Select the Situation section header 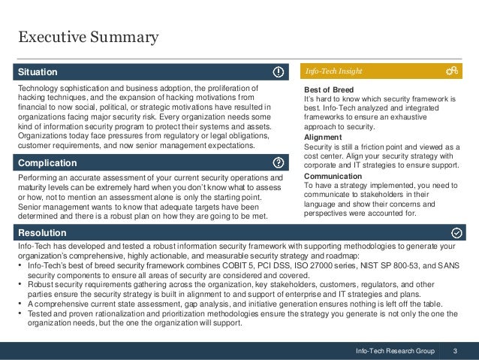[x=38, y=72]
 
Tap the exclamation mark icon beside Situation [x=278, y=72]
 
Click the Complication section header [x=47, y=162]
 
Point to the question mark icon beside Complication [x=278, y=162]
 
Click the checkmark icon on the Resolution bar [x=457, y=233]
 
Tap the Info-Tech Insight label [x=334, y=72]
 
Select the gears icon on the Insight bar [x=452, y=71]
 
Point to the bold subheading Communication [x=333, y=177]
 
